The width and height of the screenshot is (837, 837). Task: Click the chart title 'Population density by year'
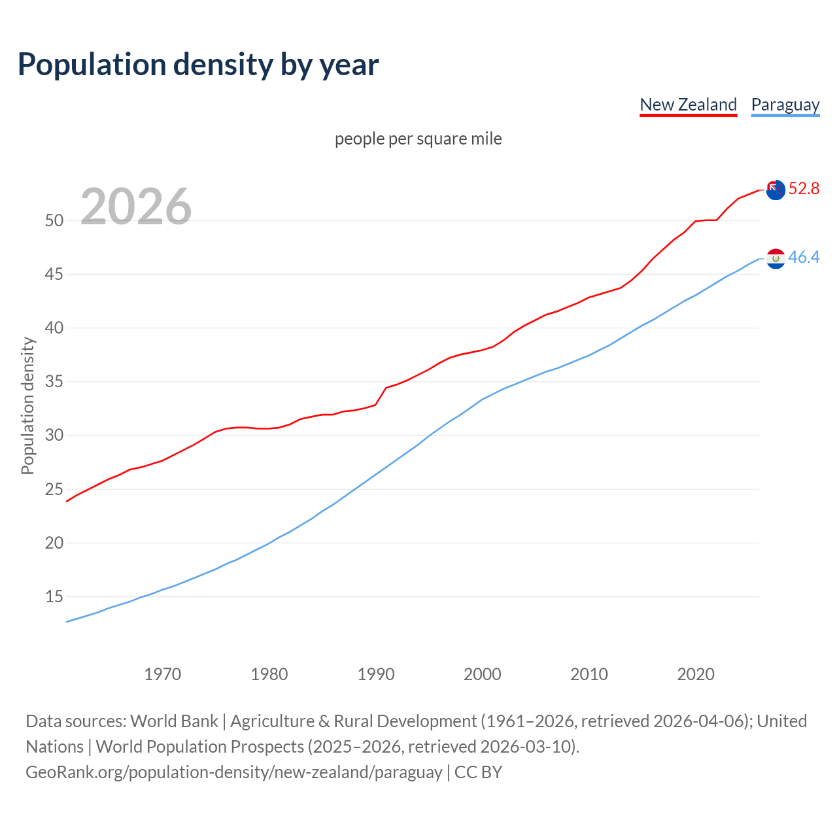[x=198, y=64]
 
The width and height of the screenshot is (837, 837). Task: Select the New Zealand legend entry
[x=688, y=105]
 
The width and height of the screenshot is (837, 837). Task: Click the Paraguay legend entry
[x=785, y=105]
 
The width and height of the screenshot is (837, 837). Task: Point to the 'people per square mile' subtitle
[x=418, y=139]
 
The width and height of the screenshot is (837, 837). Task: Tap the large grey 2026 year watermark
[x=136, y=207]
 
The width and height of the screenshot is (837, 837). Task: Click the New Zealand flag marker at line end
[x=775, y=190]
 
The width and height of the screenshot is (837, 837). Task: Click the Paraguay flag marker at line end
[x=775, y=258]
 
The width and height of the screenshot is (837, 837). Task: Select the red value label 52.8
[x=804, y=188]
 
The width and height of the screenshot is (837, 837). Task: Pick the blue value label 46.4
[x=804, y=257]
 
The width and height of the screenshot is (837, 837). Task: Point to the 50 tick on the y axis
[x=54, y=220]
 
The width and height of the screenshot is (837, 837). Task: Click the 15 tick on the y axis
[x=54, y=596]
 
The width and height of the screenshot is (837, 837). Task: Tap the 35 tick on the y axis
[x=54, y=381]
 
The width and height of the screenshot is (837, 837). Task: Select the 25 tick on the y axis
[x=54, y=489]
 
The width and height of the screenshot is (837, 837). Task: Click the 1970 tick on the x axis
[x=162, y=674]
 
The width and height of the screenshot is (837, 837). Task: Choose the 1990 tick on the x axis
[x=376, y=674]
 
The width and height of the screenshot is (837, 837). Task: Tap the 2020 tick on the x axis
[x=696, y=674]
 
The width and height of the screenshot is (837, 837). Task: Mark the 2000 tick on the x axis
[x=483, y=674]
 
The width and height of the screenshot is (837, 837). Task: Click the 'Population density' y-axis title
[x=27, y=405]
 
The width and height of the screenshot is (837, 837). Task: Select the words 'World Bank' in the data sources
[x=174, y=721]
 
